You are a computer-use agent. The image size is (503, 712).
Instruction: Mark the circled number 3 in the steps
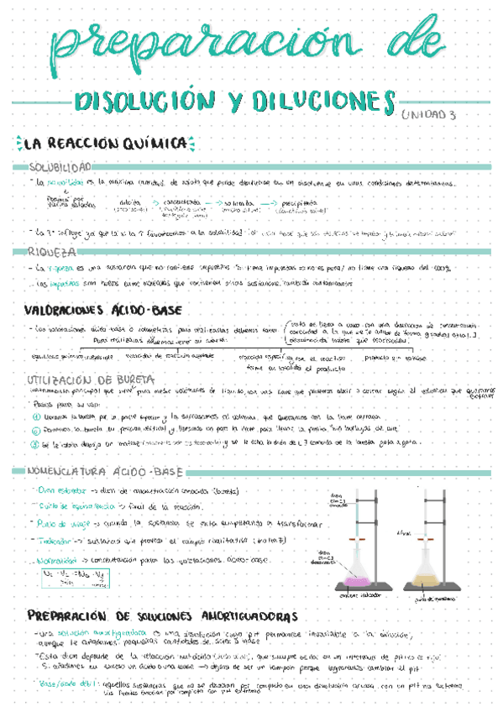35,445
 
